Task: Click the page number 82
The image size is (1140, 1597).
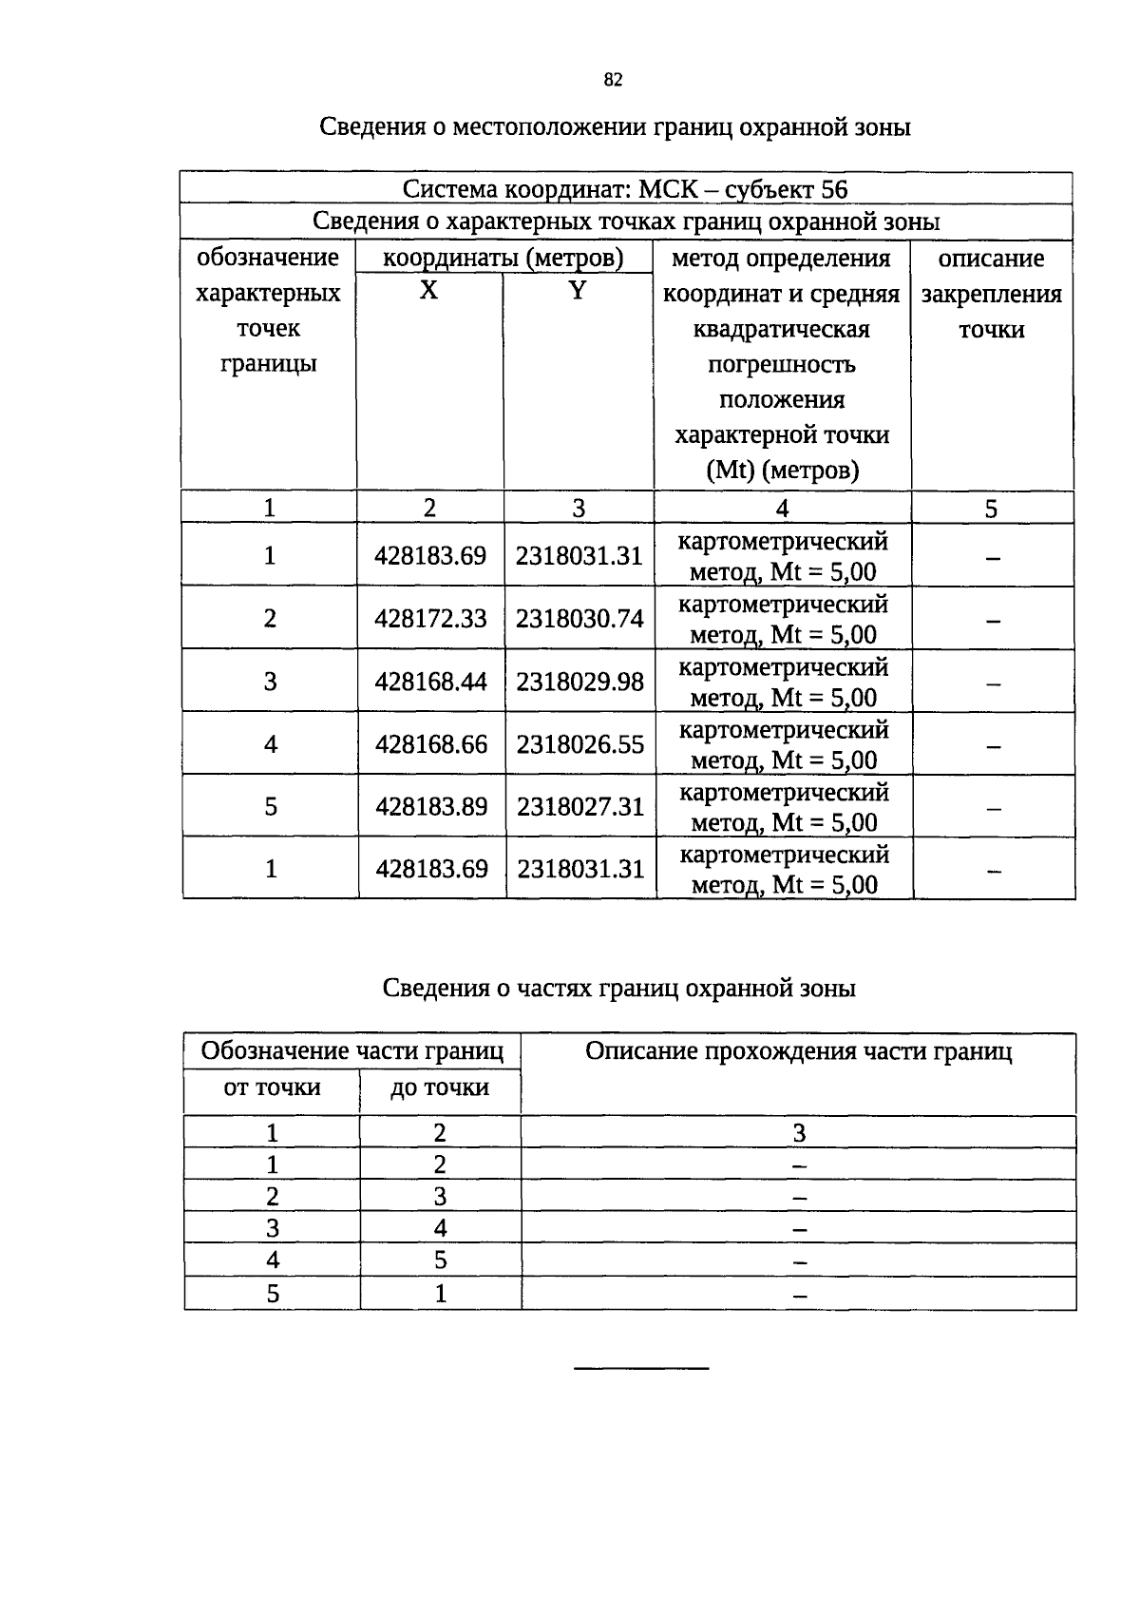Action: pos(613,80)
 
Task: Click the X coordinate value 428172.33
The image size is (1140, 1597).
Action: pos(430,619)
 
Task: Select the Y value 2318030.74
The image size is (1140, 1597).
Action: pos(579,619)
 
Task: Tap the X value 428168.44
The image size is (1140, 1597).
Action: pos(430,682)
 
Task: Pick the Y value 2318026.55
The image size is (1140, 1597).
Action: pos(579,744)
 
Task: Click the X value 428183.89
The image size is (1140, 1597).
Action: pos(431,807)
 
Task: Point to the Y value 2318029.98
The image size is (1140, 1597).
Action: pos(579,682)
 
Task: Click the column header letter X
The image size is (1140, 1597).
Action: pos(429,291)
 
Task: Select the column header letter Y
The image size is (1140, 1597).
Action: pos(578,291)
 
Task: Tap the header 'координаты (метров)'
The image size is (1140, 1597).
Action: pos(503,258)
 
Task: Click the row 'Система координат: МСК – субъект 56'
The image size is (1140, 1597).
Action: pos(625,189)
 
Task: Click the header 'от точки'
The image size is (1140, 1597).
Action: pos(272,1087)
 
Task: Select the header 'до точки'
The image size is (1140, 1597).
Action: pos(439,1087)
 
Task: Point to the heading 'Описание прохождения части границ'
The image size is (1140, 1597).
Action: pos(798,1051)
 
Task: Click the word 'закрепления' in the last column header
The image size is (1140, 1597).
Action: pos(991,294)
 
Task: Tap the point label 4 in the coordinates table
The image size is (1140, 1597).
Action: pos(271,744)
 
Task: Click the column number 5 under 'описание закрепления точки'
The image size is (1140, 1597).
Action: pos(991,510)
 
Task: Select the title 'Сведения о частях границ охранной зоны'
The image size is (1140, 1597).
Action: pos(618,989)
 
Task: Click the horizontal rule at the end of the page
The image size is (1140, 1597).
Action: pos(641,1368)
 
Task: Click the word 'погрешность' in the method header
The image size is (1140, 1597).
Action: pos(782,365)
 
